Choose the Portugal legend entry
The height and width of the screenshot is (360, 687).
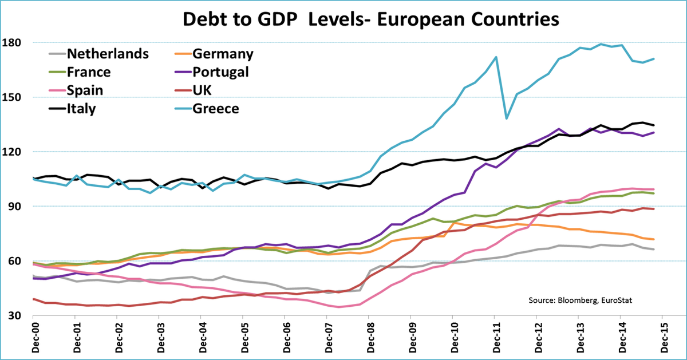pyautogui.click(x=221, y=72)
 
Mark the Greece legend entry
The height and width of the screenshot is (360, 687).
pyautogui.click(x=216, y=109)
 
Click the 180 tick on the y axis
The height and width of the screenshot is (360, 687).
pyautogui.click(x=12, y=42)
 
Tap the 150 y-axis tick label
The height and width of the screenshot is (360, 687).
pyautogui.click(x=12, y=97)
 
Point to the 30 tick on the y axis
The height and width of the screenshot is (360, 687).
pyautogui.click(x=14, y=315)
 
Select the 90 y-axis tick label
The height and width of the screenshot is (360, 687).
pyautogui.click(x=14, y=206)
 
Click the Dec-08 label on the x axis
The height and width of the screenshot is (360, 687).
pyautogui.click(x=368, y=338)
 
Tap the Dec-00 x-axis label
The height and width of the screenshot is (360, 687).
pyautogui.click(x=33, y=338)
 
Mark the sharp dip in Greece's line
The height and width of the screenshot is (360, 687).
pyautogui.click(x=507, y=118)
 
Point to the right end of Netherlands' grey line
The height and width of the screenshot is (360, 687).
pyautogui.click(x=654, y=249)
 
